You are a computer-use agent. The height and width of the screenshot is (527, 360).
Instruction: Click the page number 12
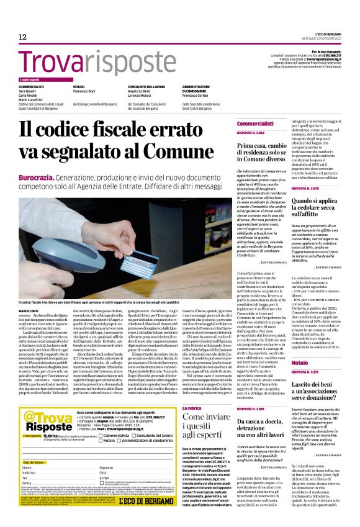[22, 37]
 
